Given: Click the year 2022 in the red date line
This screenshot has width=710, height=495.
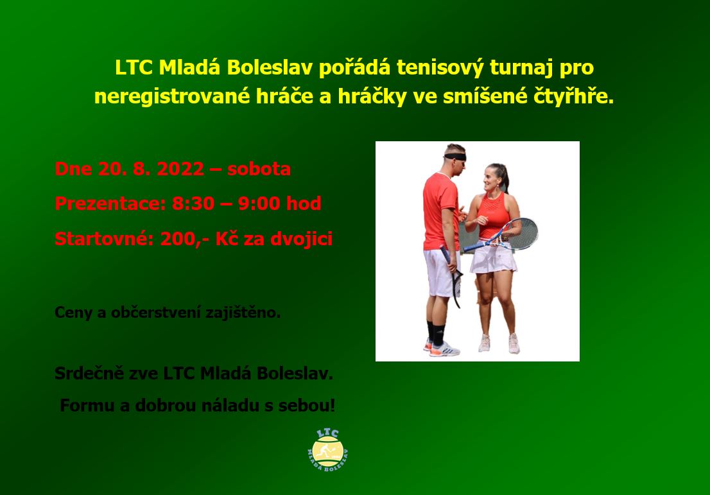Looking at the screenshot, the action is coord(180,169).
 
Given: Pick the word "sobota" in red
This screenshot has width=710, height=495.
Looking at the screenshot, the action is coord(259,169).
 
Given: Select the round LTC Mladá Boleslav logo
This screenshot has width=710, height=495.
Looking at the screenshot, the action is coord(328,450).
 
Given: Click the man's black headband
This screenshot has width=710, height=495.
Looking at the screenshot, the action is coord(455,157).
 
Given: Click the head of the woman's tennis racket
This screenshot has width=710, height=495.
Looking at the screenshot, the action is coord(523,233).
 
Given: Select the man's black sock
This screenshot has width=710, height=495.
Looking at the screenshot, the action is coord(438,335).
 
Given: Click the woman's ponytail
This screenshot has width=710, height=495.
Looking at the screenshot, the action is coord(505,176).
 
